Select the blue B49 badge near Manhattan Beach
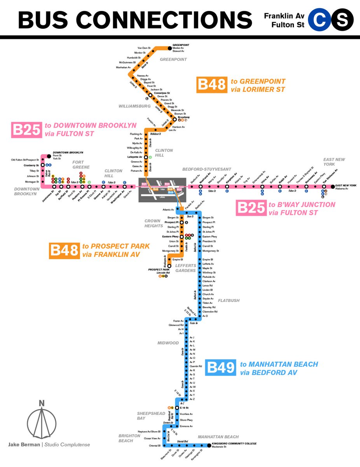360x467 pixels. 220,368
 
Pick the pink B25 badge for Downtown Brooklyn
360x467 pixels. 26,130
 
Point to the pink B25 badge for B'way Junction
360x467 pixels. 251,208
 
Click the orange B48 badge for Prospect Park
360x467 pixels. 64,250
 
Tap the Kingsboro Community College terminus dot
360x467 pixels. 208,444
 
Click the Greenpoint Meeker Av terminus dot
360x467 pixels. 170,48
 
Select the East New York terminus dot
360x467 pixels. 333,187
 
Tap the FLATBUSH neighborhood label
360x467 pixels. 229,300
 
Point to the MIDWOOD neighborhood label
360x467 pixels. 168,343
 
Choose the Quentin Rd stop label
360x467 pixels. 196,366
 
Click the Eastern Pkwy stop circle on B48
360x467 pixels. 181,236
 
